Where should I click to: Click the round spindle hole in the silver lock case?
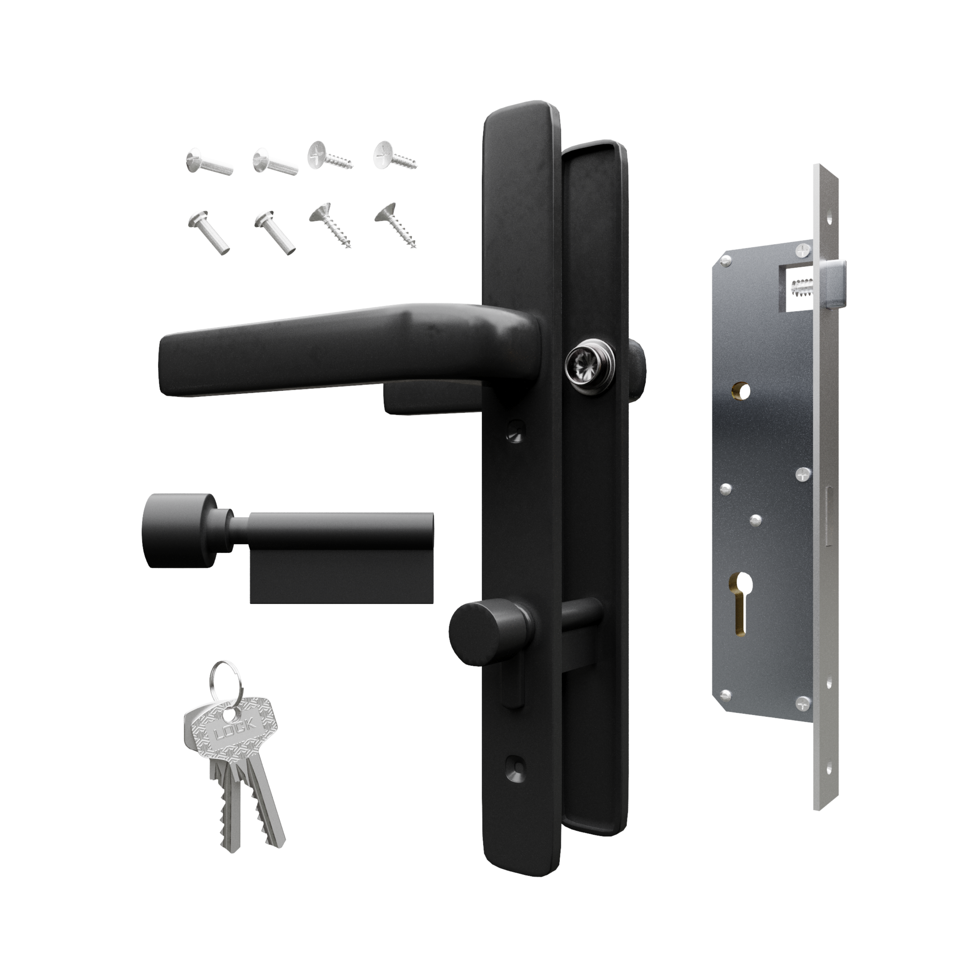(x=741, y=390)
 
